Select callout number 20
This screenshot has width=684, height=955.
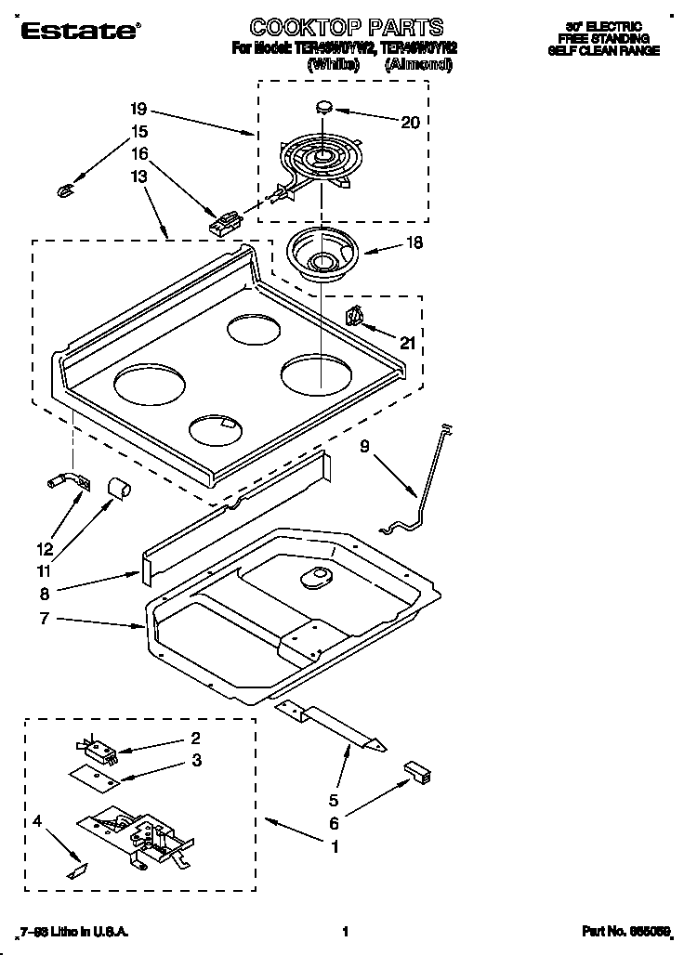(410, 122)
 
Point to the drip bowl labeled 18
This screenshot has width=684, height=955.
(322, 252)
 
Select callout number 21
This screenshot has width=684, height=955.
(406, 343)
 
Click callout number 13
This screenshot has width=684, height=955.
(138, 177)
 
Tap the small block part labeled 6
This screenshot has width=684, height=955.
(417, 770)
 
